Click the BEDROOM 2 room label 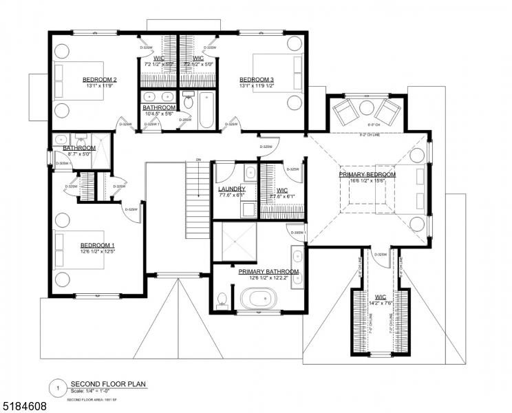[99, 80]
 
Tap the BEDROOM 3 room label [257, 80]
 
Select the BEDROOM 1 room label [98, 246]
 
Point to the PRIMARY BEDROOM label [367, 175]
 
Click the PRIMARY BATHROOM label [268, 272]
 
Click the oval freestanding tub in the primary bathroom [259, 299]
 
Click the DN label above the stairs [198, 160]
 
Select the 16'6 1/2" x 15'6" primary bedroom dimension [367, 182]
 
